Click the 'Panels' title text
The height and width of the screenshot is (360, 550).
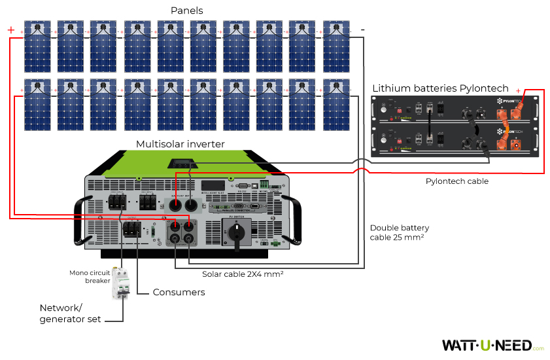pos(187,10)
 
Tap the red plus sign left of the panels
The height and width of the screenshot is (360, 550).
pos(10,30)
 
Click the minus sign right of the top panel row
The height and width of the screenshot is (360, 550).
pos(362,30)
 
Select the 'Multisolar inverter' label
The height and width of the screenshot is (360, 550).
pos(180,144)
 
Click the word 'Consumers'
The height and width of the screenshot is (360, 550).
pos(179,292)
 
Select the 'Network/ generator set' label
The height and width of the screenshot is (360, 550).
pos(70,314)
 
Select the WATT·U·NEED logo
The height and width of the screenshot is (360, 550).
pos(487,345)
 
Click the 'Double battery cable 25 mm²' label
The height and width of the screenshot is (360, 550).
pos(399,232)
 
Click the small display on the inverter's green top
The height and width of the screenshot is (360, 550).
pos(182,163)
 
